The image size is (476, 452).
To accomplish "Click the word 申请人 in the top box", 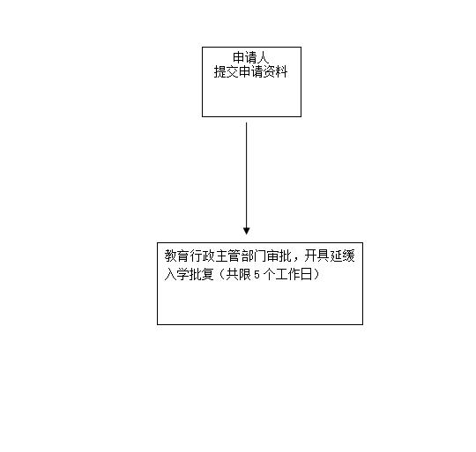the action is pos(250,57).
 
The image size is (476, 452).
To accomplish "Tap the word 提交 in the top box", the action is pos(227,72).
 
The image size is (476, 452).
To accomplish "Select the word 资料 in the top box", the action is pos(275,72).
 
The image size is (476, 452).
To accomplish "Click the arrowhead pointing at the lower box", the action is pos(247,231).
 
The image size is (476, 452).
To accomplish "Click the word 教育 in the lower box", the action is pos(177,256).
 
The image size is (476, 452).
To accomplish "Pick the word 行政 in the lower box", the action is pos(203,256).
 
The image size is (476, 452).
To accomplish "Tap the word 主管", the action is pos(227,256).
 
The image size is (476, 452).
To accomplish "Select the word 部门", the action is pos(253,256).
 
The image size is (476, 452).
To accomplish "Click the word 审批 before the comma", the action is pos(279,256).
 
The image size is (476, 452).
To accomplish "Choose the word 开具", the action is pos(316,256).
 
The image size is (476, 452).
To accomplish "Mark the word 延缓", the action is pos(342,256).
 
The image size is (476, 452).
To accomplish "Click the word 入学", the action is pos(177,274).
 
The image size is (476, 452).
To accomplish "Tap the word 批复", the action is pos(203,274).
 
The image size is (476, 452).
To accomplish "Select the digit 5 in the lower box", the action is pos(257,275).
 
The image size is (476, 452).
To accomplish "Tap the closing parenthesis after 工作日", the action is pos(316,274).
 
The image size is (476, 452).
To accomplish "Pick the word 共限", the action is pos(238,274).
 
